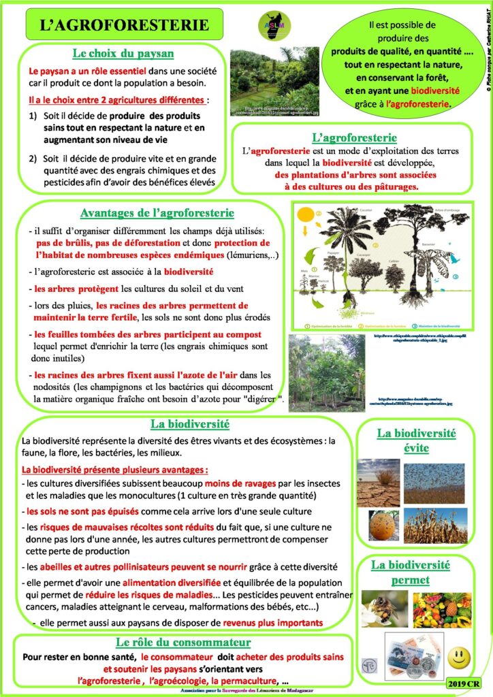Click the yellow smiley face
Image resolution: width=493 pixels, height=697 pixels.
[460, 657]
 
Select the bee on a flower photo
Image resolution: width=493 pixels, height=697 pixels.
[385, 608]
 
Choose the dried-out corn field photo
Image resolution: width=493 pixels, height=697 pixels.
[434, 525]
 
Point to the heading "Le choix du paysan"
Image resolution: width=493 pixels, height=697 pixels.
[123, 54]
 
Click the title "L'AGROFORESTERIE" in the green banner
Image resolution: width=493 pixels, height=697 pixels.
[123, 25]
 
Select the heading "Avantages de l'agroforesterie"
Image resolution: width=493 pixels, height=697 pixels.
[157, 213]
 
